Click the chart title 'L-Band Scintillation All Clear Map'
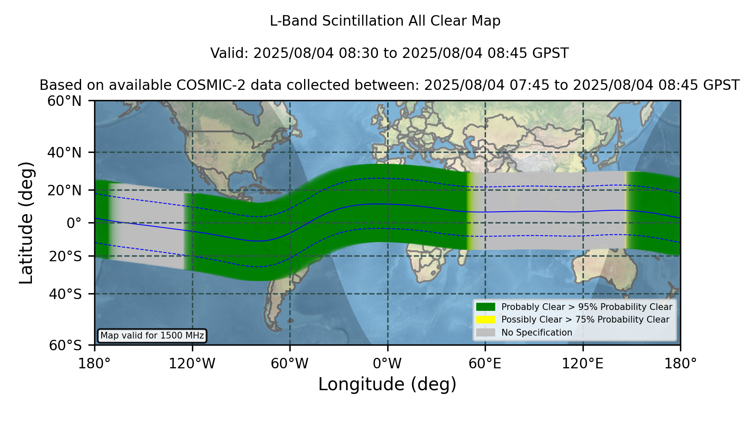[385, 21]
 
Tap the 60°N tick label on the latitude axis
[64, 101]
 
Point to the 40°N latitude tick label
[64, 152]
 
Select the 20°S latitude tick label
[65, 256]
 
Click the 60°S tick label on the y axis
[65, 345]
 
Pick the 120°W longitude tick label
[192, 364]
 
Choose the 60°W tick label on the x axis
[289, 364]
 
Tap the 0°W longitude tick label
[387, 364]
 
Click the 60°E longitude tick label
[485, 364]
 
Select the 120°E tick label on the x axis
[583, 364]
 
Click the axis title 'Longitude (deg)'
[387, 384]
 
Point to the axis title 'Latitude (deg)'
[26, 223]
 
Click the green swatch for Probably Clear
[486, 307]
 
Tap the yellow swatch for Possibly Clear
[486, 319]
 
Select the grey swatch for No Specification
[486, 332]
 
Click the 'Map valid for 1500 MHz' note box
[152, 336]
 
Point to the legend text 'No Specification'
[537, 333]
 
